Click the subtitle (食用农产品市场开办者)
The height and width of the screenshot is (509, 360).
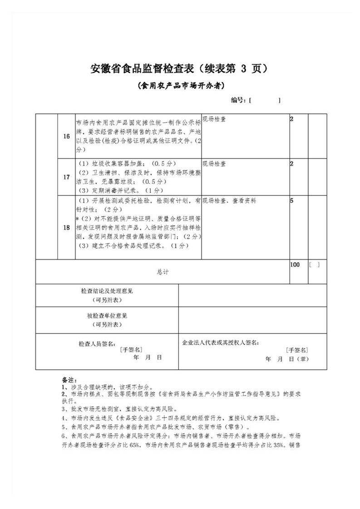coord(181,85)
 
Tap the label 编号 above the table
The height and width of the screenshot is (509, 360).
coord(238,100)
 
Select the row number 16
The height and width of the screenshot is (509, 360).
coord(66,137)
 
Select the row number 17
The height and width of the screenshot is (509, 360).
coord(66,176)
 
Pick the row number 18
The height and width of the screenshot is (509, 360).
coord(66,228)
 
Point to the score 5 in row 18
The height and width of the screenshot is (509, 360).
coord(291,200)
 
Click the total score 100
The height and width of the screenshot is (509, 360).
coord(295,264)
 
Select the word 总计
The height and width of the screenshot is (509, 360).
coord(163,272)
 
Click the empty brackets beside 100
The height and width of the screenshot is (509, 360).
coord(314,264)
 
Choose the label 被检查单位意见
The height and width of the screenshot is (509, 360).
coord(107,316)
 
